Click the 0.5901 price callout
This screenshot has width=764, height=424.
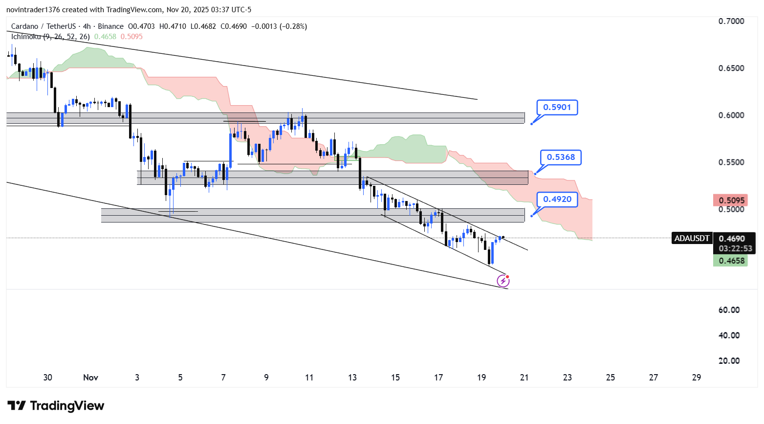(x=557, y=108)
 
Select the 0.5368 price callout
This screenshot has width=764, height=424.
(x=561, y=157)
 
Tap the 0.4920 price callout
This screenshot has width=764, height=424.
(x=557, y=200)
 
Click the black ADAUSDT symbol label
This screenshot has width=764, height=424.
(x=692, y=239)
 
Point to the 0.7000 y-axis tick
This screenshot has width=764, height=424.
(x=731, y=21)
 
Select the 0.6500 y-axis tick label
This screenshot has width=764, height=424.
(x=731, y=68)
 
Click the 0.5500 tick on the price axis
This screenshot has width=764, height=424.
(x=731, y=162)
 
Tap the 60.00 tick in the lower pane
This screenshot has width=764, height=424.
(x=729, y=310)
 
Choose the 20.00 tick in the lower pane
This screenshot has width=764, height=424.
(x=729, y=361)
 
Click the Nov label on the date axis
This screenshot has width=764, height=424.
(x=90, y=378)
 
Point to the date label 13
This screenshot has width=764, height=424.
(x=352, y=378)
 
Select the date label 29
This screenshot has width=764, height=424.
(x=697, y=378)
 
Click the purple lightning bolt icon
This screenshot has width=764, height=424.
(x=503, y=281)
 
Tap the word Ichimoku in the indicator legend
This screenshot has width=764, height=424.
(x=26, y=37)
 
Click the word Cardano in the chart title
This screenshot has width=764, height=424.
(x=24, y=26)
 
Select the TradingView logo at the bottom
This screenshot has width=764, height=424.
(x=56, y=406)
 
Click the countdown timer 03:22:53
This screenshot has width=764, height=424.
(x=735, y=248)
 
